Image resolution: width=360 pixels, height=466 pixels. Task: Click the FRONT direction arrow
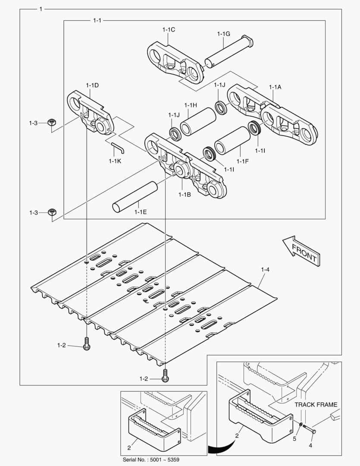pos(301,251)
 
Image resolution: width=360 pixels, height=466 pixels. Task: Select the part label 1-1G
pos(223,33)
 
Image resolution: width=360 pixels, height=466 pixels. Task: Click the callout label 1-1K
pos(115,161)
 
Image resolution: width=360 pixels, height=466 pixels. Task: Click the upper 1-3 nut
pos(51,123)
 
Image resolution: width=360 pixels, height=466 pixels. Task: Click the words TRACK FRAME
pos(316,405)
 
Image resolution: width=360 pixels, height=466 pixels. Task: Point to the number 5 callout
pos(295,438)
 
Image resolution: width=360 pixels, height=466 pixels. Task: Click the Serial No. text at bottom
pos(151,460)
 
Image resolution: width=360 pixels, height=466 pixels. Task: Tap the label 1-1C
pos(169,29)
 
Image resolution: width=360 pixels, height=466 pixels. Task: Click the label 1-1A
pos(275,87)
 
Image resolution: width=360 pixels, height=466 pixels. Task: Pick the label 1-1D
pos(92,85)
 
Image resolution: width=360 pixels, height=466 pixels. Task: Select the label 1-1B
pos(185,194)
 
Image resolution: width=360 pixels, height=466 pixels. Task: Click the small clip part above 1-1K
pos(117,147)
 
